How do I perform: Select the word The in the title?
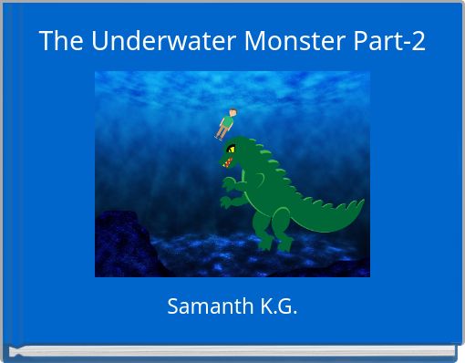[61, 41]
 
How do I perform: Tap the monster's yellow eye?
[232, 147]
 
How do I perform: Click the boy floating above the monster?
[226, 123]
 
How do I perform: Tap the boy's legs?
[221, 133]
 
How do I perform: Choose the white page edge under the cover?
[232, 351]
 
